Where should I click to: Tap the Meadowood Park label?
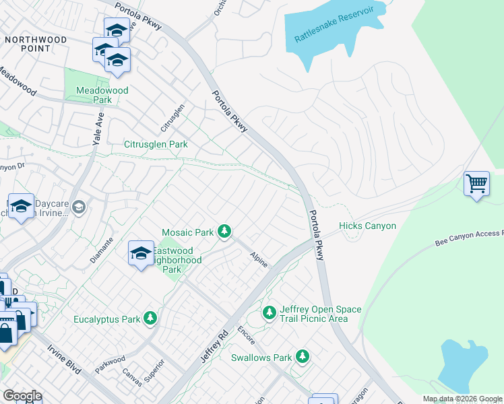[93, 95]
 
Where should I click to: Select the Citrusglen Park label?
[156, 144]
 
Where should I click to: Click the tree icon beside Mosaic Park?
[224, 232]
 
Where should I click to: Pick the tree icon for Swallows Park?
[304, 357]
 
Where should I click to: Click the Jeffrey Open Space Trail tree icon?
[270, 313]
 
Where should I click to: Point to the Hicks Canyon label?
[367, 226]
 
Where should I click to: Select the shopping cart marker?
[476, 182]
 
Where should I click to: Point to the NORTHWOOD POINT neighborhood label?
[36, 44]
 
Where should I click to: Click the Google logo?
[22, 395]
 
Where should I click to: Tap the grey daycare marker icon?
[80, 206]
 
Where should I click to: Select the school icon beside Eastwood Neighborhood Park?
[140, 253]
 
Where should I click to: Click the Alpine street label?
[259, 259]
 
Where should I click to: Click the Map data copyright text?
[462, 399]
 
